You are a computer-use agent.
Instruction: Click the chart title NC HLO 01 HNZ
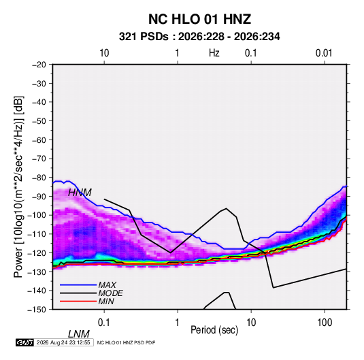[x=199, y=19]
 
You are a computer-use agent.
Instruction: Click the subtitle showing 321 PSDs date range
[x=199, y=37]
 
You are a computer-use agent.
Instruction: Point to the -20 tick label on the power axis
[x=39, y=65]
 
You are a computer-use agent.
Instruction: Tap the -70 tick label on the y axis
[x=39, y=159]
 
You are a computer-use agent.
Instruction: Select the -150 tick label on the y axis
[x=37, y=310]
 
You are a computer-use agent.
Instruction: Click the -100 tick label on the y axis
[x=37, y=215]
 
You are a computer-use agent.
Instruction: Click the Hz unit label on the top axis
[x=214, y=53]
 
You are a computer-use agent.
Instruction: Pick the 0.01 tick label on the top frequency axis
[x=324, y=53]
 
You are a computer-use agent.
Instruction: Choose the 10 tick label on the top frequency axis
[x=104, y=53]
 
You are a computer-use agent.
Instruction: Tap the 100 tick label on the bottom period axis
[x=325, y=323]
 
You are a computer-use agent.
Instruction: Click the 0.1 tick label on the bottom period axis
[x=104, y=323]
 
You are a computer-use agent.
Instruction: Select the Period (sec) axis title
[x=214, y=330]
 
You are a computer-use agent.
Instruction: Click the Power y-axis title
[x=18, y=186]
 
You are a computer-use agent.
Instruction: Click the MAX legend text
[x=107, y=285]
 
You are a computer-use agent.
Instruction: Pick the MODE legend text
[x=110, y=293]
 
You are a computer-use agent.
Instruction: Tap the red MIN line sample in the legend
[x=78, y=301]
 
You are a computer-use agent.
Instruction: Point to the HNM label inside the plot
[x=80, y=193]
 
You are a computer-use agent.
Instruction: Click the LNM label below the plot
[x=79, y=334]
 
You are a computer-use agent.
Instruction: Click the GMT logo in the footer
[x=24, y=342]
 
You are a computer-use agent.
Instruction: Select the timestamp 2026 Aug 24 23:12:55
[x=63, y=342]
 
